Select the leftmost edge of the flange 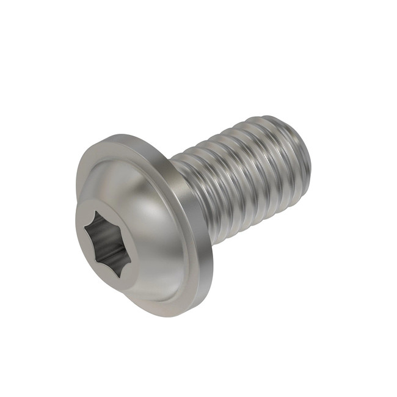click(76, 183)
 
